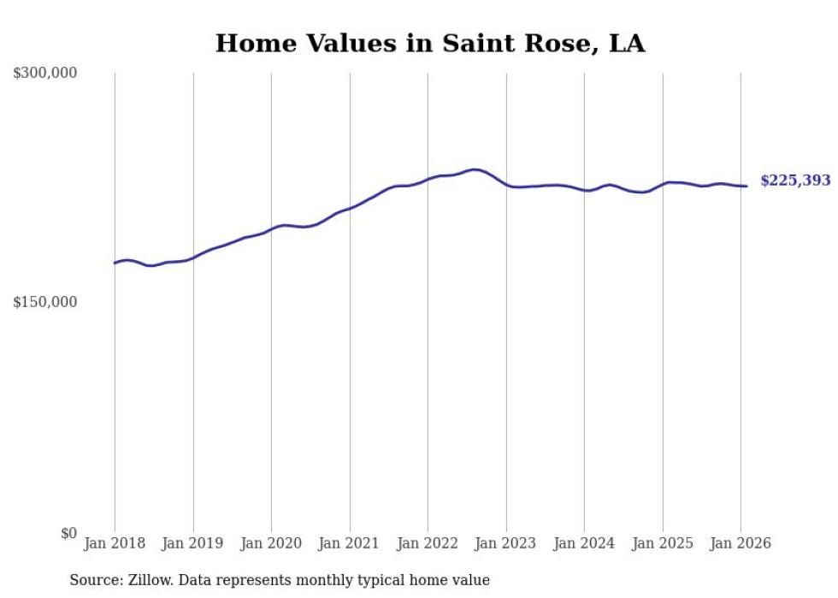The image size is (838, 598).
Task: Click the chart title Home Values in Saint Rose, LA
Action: point(430,43)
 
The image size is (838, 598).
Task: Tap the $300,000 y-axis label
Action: point(45,74)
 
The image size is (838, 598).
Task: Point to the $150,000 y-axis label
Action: point(45,302)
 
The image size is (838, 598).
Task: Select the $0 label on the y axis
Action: point(68,533)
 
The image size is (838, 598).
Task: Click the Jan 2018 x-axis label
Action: point(115,543)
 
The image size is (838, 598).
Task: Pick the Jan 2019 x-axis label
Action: point(193,543)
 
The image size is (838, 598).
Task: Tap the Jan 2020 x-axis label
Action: point(271,543)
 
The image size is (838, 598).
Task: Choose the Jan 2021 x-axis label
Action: point(350,543)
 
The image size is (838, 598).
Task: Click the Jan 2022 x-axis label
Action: point(428,543)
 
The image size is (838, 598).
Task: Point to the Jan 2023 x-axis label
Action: point(506,543)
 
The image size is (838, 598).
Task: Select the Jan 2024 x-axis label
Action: point(584,543)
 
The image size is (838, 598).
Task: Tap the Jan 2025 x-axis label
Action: point(663,543)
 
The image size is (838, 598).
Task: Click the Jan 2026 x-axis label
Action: point(741,543)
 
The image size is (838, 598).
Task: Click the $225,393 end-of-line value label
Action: point(795,181)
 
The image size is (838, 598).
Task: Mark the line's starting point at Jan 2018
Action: point(115,263)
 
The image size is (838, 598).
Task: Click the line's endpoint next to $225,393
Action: point(747,186)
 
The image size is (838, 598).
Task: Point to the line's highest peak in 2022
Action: point(475,169)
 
